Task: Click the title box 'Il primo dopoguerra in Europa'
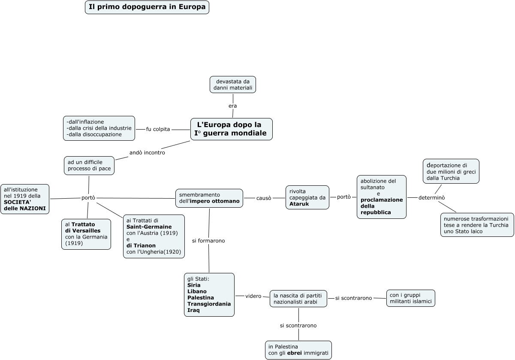(x=147, y=7)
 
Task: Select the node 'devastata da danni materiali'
(x=232, y=85)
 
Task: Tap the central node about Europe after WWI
(x=232, y=129)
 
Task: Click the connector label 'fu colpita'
(x=158, y=129)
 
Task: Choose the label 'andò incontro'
(x=147, y=152)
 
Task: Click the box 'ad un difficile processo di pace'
(x=89, y=165)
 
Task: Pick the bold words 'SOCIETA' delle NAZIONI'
(x=24, y=205)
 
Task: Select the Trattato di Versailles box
(x=86, y=234)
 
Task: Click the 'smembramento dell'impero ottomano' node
(x=209, y=198)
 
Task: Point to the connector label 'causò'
(x=264, y=198)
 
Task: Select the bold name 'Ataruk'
(x=299, y=204)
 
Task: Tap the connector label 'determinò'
(x=432, y=197)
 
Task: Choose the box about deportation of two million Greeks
(x=451, y=171)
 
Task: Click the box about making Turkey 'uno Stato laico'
(x=476, y=225)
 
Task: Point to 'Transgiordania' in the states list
(x=209, y=304)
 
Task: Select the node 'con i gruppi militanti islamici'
(x=410, y=298)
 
